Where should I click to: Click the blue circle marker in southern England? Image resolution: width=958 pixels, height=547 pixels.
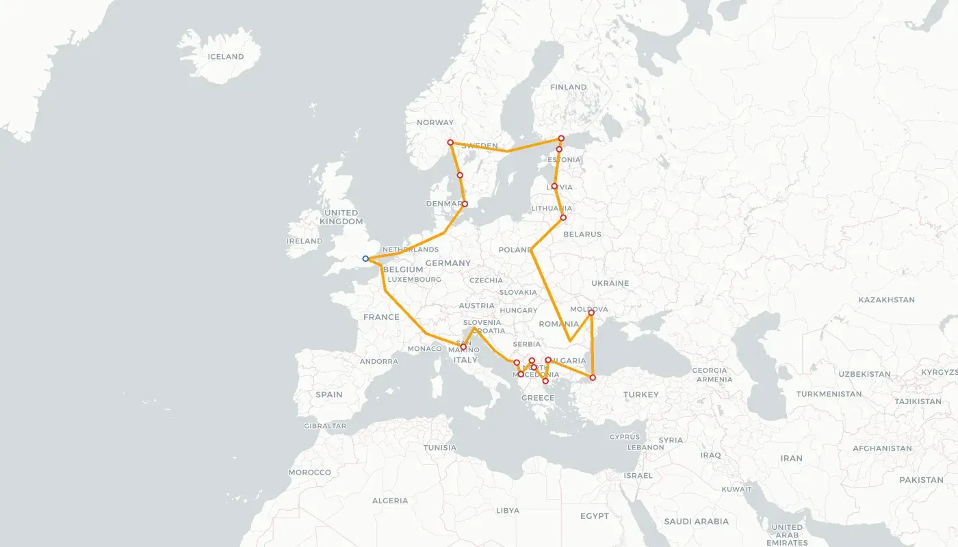(x=365, y=258)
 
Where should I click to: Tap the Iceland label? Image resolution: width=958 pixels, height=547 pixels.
(x=226, y=57)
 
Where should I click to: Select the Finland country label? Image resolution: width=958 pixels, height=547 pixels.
(x=569, y=87)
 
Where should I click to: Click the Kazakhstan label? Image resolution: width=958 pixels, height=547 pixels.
(x=886, y=299)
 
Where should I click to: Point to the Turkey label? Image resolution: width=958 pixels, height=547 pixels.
(x=640, y=395)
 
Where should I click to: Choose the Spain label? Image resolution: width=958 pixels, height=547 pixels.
(x=329, y=395)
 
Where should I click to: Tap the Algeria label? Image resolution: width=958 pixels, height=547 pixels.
(x=390, y=501)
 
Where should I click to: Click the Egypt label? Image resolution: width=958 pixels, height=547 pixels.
(x=594, y=516)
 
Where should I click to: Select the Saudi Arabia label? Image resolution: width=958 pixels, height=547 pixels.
(x=697, y=521)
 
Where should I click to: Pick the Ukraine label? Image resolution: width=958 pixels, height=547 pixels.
(x=610, y=283)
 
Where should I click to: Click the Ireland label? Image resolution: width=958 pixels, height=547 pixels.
(x=305, y=241)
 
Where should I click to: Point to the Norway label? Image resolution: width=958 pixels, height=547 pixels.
(x=435, y=122)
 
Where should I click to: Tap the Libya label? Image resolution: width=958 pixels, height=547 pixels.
(x=508, y=510)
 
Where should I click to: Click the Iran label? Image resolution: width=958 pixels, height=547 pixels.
(x=791, y=458)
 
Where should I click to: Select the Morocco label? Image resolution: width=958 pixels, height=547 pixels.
(x=309, y=472)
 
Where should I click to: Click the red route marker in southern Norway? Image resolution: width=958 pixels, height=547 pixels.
(x=450, y=142)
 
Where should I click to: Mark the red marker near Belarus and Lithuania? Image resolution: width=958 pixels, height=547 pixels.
(x=563, y=217)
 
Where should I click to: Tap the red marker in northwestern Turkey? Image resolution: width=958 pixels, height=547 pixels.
(x=593, y=377)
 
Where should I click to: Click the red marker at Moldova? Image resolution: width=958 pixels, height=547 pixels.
(x=591, y=313)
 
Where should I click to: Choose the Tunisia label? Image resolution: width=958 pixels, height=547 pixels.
(x=440, y=448)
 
